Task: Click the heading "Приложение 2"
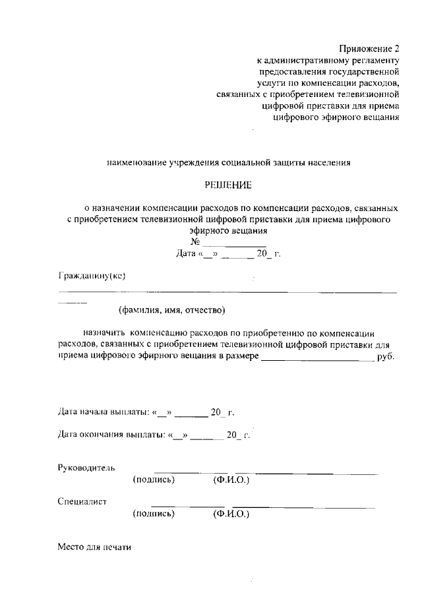click(370, 49)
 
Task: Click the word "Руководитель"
click(86, 468)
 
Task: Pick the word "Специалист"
click(82, 501)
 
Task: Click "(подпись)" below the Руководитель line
click(154, 480)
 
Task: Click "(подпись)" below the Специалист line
click(154, 513)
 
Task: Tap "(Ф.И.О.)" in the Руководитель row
click(231, 480)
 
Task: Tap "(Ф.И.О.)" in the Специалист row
click(231, 513)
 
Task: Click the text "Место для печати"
click(96, 547)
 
